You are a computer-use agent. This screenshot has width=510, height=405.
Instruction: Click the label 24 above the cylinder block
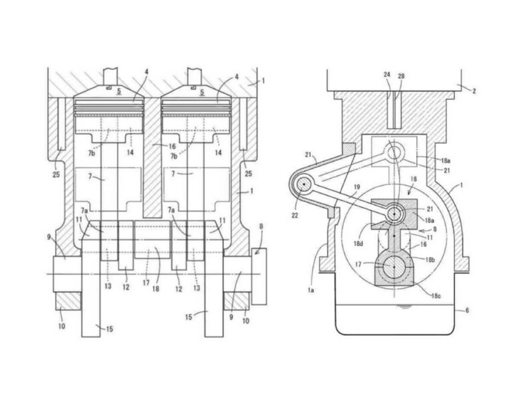tap(387, 74)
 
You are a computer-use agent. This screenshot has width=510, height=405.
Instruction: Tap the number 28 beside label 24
tap(401, 76)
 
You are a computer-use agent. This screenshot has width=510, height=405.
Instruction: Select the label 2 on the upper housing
tap(474, 91)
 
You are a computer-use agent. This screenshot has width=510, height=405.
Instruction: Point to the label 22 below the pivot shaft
tap(295, 215)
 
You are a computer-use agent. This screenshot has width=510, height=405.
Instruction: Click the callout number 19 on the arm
tap(357, 187)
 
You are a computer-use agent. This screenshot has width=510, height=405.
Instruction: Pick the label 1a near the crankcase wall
tap(311, 290)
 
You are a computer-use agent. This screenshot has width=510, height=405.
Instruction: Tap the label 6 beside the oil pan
tap(467, 310)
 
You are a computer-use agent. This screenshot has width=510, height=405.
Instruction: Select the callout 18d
tap(358, 243)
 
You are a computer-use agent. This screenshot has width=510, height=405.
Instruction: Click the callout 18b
tap(430, 259)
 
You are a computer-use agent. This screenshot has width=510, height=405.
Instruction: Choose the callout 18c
tap(436, 296)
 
